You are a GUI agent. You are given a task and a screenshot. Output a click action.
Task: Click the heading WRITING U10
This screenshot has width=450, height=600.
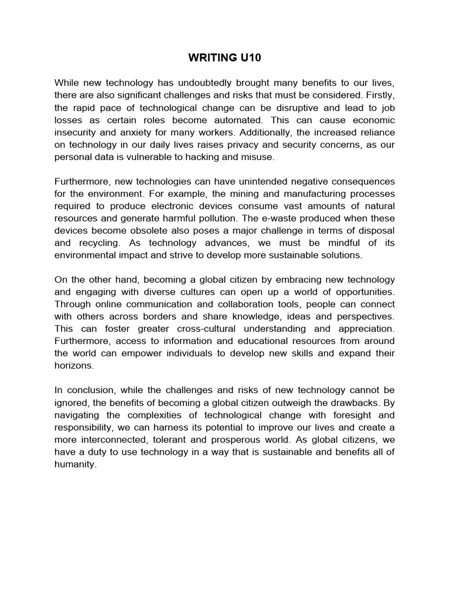click(225, 58)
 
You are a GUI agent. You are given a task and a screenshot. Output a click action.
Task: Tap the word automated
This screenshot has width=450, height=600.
click(251, 120)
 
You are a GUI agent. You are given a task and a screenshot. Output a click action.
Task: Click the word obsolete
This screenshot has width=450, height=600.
click(165, 231)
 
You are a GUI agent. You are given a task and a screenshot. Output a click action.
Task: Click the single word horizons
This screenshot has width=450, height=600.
click(74, 366)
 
